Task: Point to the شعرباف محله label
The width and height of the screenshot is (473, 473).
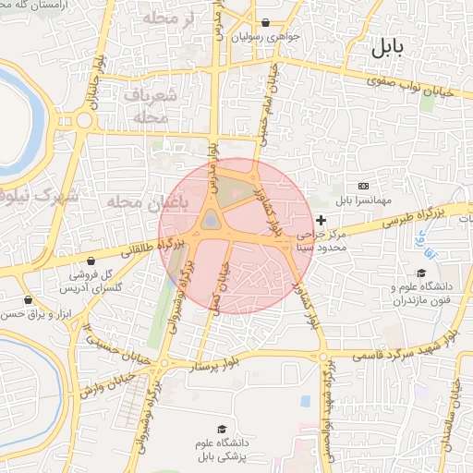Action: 143,105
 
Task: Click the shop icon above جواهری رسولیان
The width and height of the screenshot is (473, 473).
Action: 266,23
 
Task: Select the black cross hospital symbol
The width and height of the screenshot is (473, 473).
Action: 321,220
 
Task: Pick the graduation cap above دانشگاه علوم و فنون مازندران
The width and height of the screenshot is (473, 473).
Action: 421,273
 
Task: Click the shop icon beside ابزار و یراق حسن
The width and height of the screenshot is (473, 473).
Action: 29,300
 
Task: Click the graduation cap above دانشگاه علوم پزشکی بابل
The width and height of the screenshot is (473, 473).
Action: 221,429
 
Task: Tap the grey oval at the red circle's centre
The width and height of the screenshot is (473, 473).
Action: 212,220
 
